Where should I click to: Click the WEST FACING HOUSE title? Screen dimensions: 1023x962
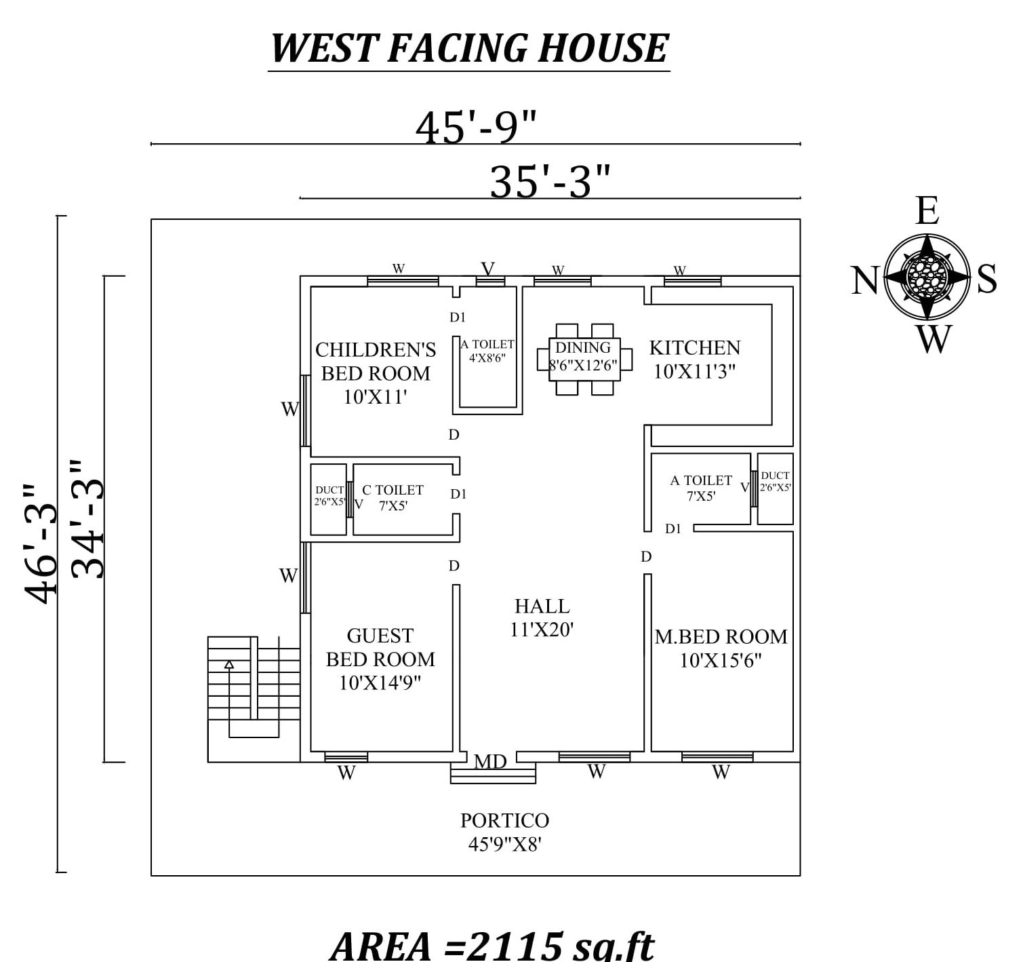[469, 48]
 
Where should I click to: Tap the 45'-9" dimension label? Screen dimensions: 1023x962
[476, 128]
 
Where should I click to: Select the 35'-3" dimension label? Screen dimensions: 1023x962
[550, 181]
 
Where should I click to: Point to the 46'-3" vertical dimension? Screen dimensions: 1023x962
[40, 544]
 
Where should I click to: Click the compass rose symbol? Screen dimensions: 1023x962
[927, 277]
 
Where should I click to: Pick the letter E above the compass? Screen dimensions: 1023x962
[927, 211]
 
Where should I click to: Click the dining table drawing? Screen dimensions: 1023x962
[584, 360]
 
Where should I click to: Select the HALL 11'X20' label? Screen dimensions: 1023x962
[542, 617]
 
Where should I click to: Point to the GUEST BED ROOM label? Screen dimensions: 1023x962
[380, 659]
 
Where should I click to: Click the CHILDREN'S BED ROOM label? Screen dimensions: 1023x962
[376, 373]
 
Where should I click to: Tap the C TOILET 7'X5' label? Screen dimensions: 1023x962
[393, 497]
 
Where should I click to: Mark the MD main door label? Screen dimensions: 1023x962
[490, 761]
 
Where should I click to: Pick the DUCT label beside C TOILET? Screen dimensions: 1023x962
[329, 495]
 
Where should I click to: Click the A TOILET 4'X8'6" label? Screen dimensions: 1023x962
[487, 351]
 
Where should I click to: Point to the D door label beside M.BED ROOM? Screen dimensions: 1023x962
[646, 556]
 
